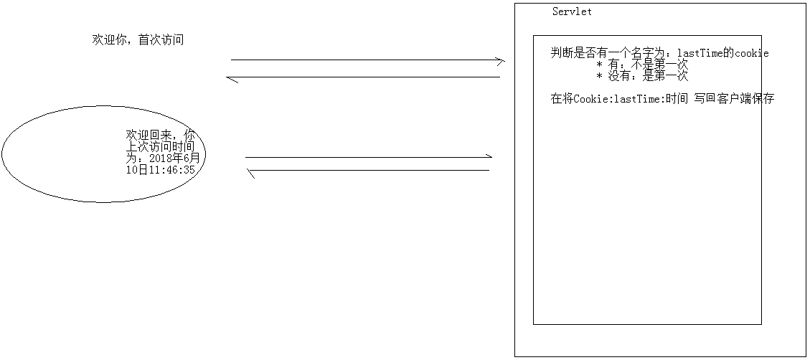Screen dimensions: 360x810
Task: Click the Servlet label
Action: [x=572, y=12]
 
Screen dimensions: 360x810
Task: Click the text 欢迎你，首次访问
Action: [x=138, y=40]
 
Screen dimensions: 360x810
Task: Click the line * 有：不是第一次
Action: [x=642, y=65]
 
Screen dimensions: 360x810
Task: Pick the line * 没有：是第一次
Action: [x=642, y=76]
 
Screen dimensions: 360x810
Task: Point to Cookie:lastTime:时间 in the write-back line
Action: [x=631, y=99]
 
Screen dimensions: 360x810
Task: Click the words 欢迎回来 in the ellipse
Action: [x=149, y=136]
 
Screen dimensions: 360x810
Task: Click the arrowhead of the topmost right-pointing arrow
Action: [x=501, y=61]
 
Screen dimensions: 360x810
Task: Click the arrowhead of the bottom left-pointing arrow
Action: [x=250, y=171]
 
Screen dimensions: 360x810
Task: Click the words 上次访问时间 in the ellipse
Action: [x=160, y=147]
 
